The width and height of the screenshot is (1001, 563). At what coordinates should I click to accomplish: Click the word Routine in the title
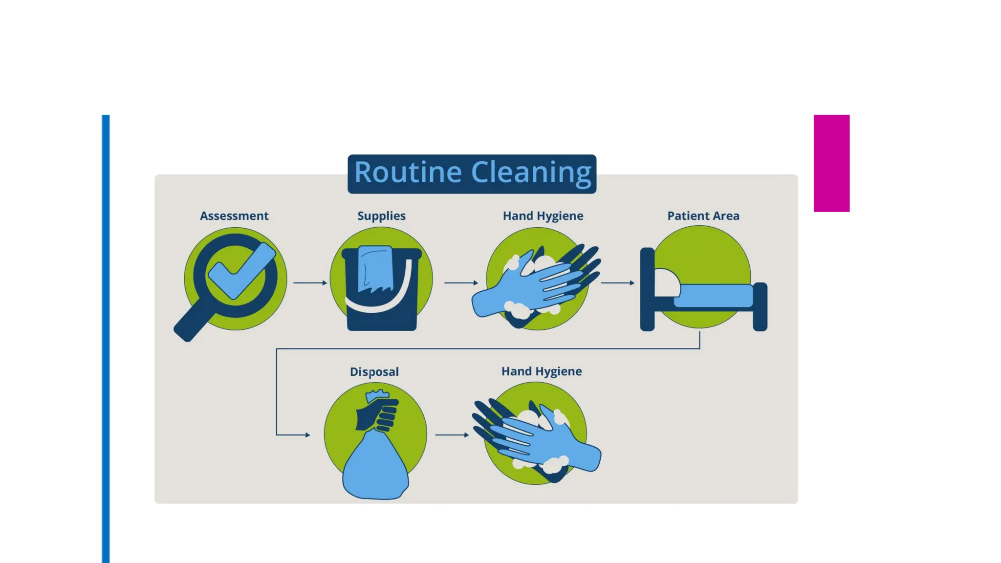pyautogui.click(x=408, y=173)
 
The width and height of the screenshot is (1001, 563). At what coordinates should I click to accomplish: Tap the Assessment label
pyautogui.click(x=234, y=216)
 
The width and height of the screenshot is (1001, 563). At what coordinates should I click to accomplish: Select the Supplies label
pyautogui.click(x=381, y=216)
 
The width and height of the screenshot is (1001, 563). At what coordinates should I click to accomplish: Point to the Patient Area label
pyautogui.click(x=703, y=216)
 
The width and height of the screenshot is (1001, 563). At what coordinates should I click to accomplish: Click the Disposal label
pyautogui.click(x=374, y=372)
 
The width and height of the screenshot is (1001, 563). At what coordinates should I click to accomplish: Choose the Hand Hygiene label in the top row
pyautogui.click(x=543, y=216)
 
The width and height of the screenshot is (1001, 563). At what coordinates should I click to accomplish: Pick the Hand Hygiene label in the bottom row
pyautogui.click(x=541, y=371)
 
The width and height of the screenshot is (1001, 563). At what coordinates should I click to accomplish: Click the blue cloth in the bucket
pyautogui.click(x=375, y=269)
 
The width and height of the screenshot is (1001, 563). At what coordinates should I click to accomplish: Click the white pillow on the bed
pyautogui.click(x=667, y=282)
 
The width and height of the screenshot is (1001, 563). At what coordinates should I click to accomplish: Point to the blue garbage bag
pyautogui.click(x=375, y=469)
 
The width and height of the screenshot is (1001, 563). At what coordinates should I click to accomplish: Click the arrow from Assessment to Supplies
pyautogui.click(x=310, y=282)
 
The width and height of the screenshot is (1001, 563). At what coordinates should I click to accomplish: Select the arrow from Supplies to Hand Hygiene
pyautogui.click(x=461, y=282)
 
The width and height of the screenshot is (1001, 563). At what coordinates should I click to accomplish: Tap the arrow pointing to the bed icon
pyautogui.click(x=617, y=282)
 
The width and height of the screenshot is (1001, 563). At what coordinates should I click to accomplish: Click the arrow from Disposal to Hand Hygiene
pyautogui.click(x=452, y=434)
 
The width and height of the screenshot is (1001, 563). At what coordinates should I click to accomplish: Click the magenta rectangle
pyautogui.click(x=831, y=163)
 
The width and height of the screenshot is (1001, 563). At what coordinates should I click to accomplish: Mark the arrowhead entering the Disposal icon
pyautogui.click(x=307, y=434)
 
